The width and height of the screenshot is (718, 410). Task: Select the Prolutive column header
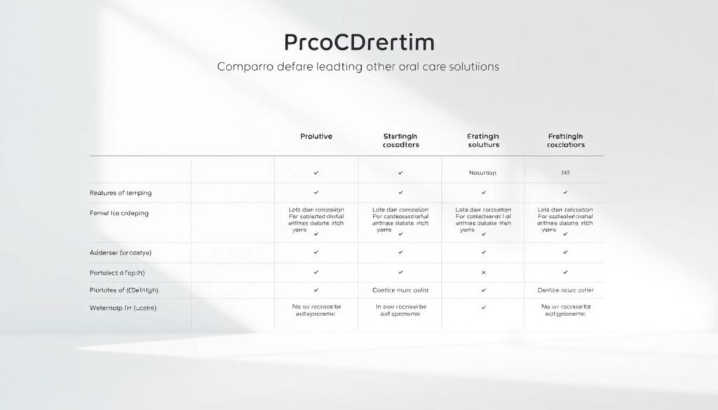pos(316,136)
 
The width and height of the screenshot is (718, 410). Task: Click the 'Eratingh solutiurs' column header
pos(483,140)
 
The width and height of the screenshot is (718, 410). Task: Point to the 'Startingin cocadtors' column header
pos(400,140)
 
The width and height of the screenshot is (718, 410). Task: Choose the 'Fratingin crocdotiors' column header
pos(565,140)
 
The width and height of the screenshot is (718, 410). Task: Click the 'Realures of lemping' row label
pos(121,192)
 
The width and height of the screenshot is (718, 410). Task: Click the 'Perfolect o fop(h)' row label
pos(117,272)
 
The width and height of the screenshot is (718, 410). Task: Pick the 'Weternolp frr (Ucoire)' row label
pos(123,308)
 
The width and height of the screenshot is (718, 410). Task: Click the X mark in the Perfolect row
pos(483,272)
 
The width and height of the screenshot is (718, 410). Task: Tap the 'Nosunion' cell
pos(483,172)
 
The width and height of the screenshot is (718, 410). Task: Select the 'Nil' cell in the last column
pos(565,172)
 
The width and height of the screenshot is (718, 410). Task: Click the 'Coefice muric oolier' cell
pos(400,289)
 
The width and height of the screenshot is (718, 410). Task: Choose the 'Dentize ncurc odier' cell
pos(565,289)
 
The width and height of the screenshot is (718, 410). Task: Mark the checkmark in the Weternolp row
pos(483,307)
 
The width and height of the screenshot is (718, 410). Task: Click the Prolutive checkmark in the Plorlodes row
pos(316,289)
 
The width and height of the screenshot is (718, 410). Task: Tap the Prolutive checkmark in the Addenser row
pos(316,252)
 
